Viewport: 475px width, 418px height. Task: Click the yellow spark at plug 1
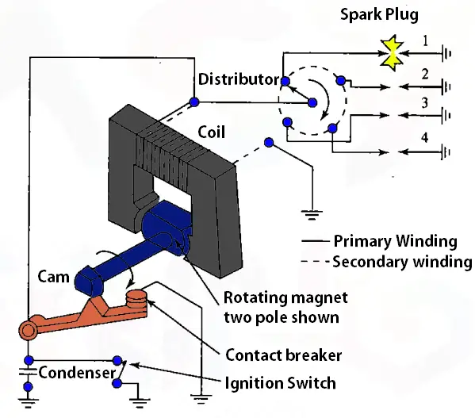(x=393, y=53)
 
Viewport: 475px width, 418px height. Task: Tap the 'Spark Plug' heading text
(x=379, y=14)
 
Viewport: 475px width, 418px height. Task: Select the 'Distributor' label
(x=239, y=79)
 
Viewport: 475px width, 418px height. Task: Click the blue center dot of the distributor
(x=312, y=102)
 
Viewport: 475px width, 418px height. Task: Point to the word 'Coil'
(x=212, y=132)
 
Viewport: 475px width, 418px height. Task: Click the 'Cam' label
(x=54, y=277)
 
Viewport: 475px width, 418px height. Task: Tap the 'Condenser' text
(x=77, y=372)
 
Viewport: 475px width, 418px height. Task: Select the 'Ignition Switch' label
(x=280, y=383)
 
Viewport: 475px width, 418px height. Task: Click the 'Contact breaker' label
(x=284, y=355)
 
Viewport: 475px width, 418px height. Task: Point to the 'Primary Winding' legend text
(x=396, y=241)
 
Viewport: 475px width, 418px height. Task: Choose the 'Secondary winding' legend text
(x=402, y=262)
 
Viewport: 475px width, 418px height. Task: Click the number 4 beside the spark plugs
(x=425, y=137)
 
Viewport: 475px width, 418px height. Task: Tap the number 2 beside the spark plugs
(x=425, y=75)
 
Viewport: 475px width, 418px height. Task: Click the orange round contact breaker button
(x=136, y=298)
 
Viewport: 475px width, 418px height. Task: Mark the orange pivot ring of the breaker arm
(x=28, y=329)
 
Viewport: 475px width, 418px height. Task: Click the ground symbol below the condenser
(x=28, y=403)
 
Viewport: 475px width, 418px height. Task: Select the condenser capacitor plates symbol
(x=28, y=372)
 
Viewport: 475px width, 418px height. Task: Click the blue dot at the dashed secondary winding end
(x=269, y=142)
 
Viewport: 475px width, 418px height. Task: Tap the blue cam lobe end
(x=89, y=281)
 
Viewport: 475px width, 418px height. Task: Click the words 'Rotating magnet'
(x=285, y=297)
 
